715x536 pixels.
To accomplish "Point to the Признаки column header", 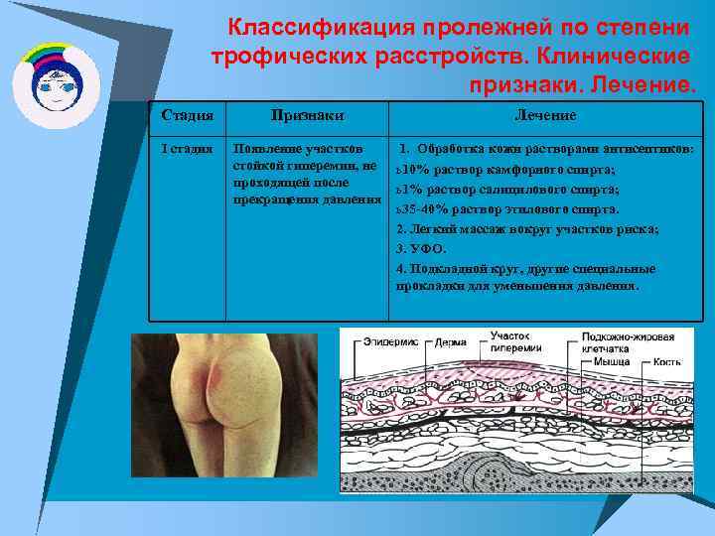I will (x=307, y=115).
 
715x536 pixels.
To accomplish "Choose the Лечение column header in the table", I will (x=544, y=115).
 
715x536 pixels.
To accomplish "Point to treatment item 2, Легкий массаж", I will (x=526, y=228).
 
